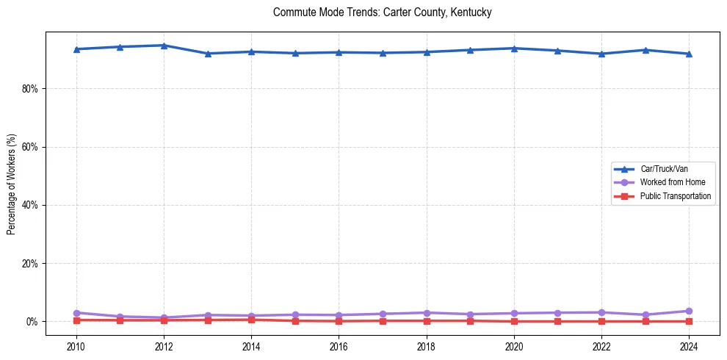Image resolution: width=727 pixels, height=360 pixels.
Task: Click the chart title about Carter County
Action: [382, 12]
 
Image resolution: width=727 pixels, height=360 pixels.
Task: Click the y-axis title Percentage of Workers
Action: [11, 184]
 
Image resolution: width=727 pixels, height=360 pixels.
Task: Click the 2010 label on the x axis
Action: [76, 345]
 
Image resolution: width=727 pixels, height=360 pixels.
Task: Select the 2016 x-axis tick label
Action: [339, 345]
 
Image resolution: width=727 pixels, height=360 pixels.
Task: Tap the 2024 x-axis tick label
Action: [689, 345]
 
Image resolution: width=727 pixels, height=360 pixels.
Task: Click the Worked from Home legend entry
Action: [668, 182]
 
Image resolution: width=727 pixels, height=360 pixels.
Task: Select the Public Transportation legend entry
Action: [674, 196]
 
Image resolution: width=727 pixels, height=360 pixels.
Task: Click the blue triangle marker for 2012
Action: [164, 46]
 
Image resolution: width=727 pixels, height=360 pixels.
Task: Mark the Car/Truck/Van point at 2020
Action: [514, 48]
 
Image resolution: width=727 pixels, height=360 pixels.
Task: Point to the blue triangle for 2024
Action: [689, 54]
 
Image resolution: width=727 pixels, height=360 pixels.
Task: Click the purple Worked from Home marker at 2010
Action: [76, 313]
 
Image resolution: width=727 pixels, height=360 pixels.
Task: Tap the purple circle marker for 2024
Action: [689, 312]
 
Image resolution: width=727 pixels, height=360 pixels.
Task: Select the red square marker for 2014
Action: [251, 320]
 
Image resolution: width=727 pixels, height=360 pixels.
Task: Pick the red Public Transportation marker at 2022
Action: [601, 321]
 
